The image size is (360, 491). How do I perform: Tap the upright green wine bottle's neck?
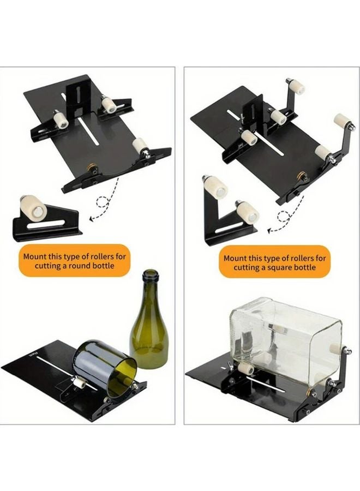click(x=149, y=295)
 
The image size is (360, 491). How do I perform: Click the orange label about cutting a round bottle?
click(x=76, y=261)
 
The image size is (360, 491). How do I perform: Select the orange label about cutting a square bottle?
click(x=275, y=262)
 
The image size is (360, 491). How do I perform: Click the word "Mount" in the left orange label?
click(x=35, y=255)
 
